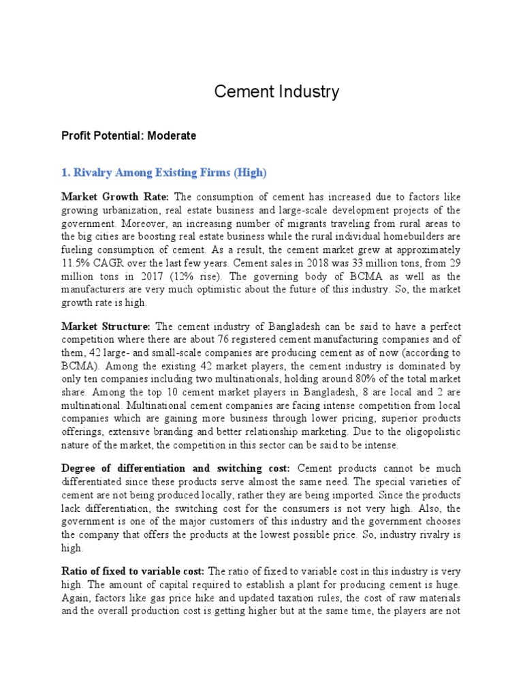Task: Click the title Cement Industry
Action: point(276,92)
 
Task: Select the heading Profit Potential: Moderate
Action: point(129,136)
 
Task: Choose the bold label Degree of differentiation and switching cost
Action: point(175,469)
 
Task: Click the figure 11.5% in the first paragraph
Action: point(76,262)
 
